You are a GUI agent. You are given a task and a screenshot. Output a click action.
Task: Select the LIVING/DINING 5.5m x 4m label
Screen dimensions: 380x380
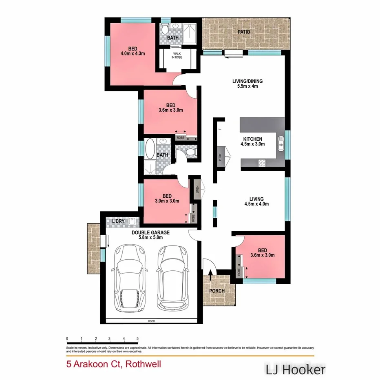245,84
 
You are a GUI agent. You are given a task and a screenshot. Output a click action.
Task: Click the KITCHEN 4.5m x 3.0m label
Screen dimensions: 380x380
251,141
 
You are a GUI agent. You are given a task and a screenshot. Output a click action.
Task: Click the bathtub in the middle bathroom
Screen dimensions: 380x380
150,149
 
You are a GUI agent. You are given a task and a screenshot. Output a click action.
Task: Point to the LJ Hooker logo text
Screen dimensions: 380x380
296,370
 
